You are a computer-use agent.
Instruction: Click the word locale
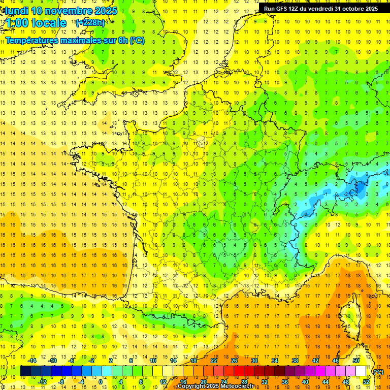click(49, 23)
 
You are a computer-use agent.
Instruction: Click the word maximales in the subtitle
click(88, 40)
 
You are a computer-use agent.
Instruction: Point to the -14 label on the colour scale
click(32, 361)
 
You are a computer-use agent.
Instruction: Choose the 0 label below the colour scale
click(101, 382)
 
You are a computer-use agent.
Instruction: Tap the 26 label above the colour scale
click(234, 361)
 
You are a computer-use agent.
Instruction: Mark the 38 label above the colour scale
click(295, 361)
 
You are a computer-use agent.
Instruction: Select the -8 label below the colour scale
click(61, 382)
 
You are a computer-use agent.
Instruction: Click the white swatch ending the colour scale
click(361, 371)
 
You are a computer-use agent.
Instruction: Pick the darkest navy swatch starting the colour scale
click(25, 371)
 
